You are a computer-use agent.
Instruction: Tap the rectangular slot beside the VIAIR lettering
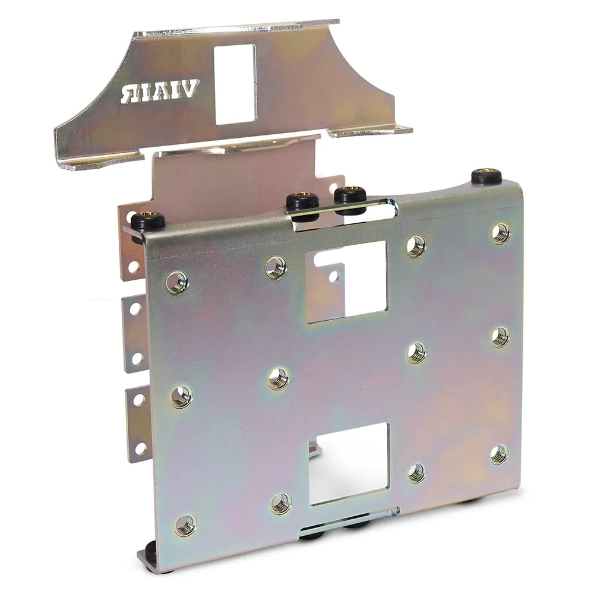235,84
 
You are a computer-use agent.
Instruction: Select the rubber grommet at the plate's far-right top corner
486,176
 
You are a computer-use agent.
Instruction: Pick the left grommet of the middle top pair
302,202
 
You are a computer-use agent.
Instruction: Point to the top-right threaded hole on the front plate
501,233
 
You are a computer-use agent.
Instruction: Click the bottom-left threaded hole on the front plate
185,525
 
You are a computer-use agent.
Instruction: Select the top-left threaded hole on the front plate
177,282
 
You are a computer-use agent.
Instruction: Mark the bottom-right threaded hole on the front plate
500,454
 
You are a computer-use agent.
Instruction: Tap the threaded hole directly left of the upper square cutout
276,267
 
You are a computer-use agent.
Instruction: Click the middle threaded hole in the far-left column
181,397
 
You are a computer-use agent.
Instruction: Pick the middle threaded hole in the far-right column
500,337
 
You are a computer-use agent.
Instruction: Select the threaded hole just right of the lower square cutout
416,473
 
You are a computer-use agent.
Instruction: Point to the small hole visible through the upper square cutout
334,276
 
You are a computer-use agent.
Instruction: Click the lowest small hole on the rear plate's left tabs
141,448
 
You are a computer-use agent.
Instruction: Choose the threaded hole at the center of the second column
278,378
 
